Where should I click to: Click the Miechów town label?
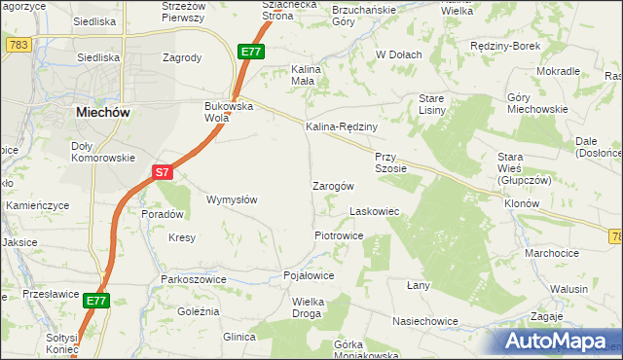pyautogui.click(x=103, y=113)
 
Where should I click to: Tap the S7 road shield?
pyautogui.click(x=163, y=172)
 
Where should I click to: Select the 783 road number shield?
pyautogui.click(x=18, y=46)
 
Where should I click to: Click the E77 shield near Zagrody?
pyautogui.click(x=251, y=52)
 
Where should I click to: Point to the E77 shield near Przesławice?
pyautogui.click(x=94, y=302)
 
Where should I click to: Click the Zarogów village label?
pyautogui.click(x=332, y=185)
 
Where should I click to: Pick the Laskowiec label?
pyautogui.click(x=375, y=210)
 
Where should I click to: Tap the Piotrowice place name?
pyautogui.click(x=339, y=235)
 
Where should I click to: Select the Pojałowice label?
pyautogui.click(x=309, y=276)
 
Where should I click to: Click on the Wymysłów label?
pyautogui.click(x=232, y=199)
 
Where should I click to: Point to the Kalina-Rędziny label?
pyautogui.click(x=341, y=126)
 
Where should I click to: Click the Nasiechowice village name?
pyautogui.click(x=424, y=320)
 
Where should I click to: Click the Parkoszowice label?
pyautogui.click(x=194, y=279)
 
